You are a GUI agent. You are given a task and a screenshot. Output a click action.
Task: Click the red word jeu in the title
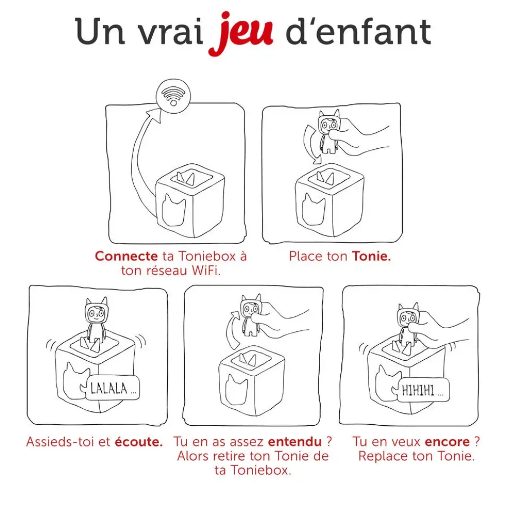pyautogui.click(x=241, y=33)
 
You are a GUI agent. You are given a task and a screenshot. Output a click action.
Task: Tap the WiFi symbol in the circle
pyautogui.click(x=173, y=96)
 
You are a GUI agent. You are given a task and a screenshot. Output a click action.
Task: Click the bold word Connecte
pyautogui.click(x=126, y=256)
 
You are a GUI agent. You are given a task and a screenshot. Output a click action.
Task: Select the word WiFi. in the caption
pyautogui.click(x=206, y=270)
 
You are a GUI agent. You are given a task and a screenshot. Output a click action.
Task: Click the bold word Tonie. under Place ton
pyautogui.click(x=371, y=256)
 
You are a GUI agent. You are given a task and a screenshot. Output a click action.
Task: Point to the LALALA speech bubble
pyautogui.click(x=110, y=388)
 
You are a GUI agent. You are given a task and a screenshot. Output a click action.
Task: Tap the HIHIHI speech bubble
pyautogui.click(x=421, y=390)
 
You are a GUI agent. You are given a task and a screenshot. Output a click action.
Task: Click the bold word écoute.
pyautogui.click(x=139, y=442)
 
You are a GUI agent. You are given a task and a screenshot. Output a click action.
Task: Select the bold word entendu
pyautogui.click(x=295, y=442)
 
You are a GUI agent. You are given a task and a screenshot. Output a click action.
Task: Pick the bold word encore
pyautogui.click(x=447, y=442)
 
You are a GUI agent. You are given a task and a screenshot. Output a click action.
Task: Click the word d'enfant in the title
pyautogui.click(x=358, y=32)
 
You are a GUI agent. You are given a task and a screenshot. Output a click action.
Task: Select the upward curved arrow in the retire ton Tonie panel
pyautogui.click(x=232, y=330)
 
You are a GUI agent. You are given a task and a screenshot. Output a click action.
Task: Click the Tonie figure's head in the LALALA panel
pyautogui.click(x=96, y=311)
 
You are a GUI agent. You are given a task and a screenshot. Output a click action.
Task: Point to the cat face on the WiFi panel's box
pyautogui.click(x=173, y=210)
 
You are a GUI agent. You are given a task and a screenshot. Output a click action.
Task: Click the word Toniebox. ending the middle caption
pyautogui.click(x=253, y=470)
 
